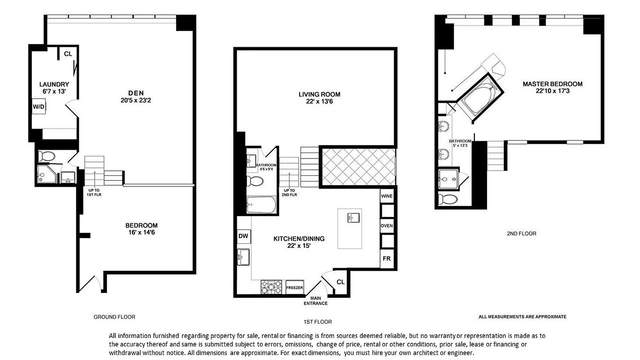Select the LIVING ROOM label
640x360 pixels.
pyautogui.click(x=319, y=94)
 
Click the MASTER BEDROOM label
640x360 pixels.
pyautogui.click(x=552, y=84)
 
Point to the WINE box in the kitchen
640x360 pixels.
pyautogui.click(x=387, y=197)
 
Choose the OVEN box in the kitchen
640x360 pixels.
pyautogui.click(x=387, y=225)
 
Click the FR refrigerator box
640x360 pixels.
pyautogui.click(x=386, y=259)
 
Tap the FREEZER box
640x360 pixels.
pyautogui.click(x=295, y=288)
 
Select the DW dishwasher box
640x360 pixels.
pyautogui.click(x=243, y=236)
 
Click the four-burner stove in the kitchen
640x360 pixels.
pyautogui.click(x=272, y=287)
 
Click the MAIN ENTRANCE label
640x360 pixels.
pyautogui.click(x=319, y=301)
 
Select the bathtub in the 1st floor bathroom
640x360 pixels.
pyautogui.click(x=261, y=206)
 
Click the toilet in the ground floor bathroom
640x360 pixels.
pyautogui.click(x=46, y=157)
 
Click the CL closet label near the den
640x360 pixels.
pyautogui.click(x=68, y=54)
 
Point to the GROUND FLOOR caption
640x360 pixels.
pyautogui.click(x=114, y=317)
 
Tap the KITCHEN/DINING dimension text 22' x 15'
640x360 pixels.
pyautogui.click(x=299, y=246)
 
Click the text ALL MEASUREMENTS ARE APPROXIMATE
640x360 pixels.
pyautogui.click(x=522, y=317)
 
